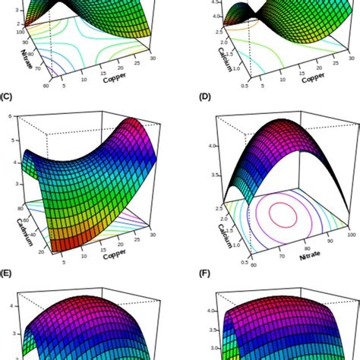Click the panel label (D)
click(x=204, y=96)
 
